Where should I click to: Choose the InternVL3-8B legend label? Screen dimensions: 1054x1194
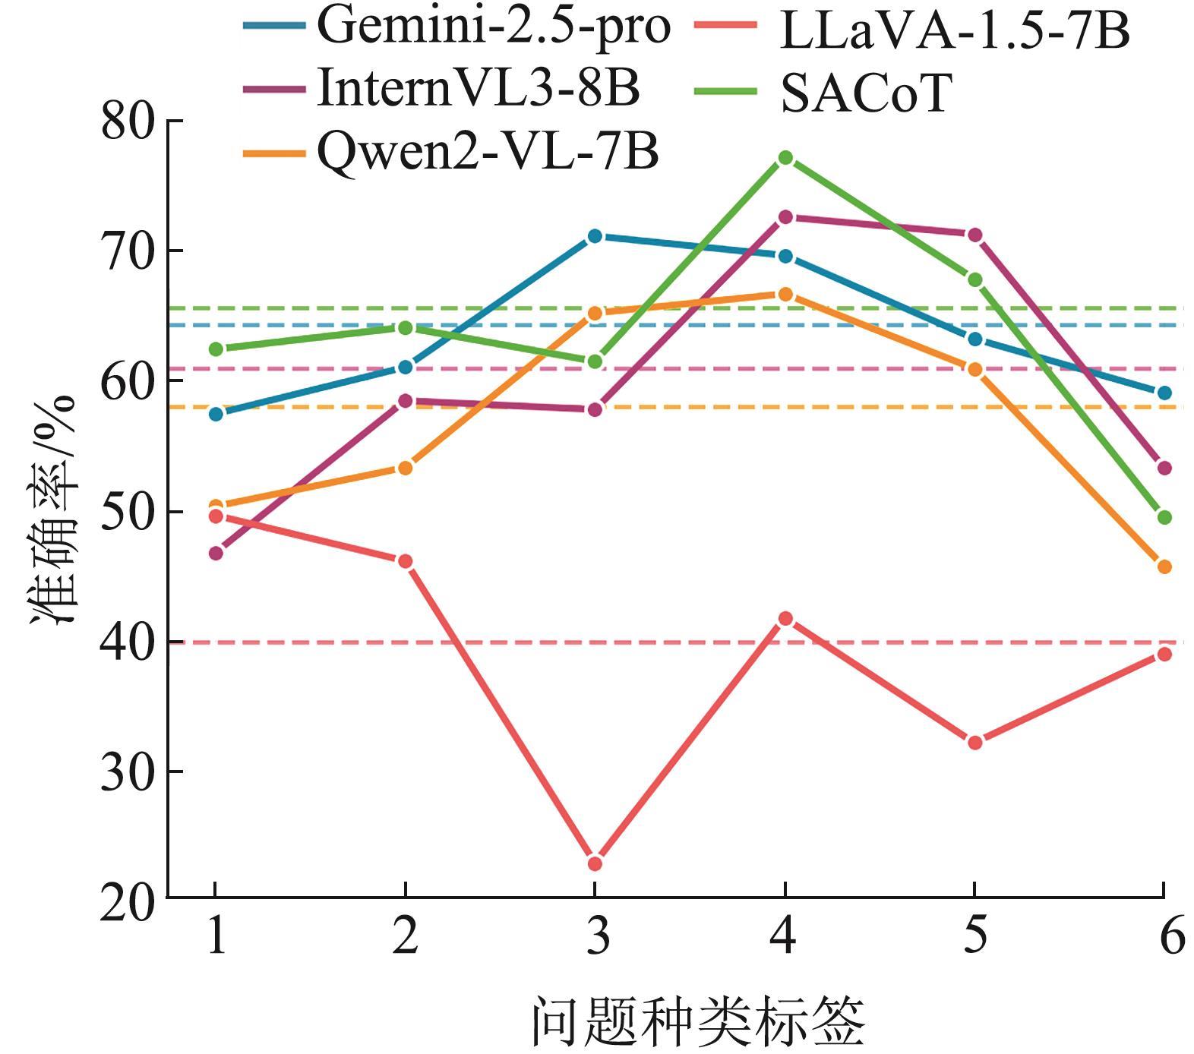(x=479, y=88)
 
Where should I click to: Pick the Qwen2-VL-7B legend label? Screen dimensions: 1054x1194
(x=487, y=153)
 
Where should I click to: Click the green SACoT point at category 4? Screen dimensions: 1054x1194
(x=785, y=158)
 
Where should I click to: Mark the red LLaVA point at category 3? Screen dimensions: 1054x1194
(x=595, y=863)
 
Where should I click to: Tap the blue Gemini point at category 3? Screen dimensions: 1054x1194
(x=595, y=236)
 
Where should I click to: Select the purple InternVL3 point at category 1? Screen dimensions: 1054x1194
(x=216, y=553)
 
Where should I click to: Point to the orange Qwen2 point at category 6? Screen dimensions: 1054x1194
(x=1164, y=566)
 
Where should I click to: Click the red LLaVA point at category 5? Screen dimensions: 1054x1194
(x=974, y=742)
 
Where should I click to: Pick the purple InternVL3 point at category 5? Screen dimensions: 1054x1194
(x=974, y=235)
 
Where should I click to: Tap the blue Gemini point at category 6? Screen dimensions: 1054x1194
(x=1164, y=393)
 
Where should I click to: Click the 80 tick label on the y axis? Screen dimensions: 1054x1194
(x=128, y=121)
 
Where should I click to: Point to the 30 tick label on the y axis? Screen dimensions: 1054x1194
(x=128, y=772)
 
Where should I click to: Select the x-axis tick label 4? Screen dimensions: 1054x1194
(x=785, y=936)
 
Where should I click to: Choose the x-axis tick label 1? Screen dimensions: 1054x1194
(x=216, y=936)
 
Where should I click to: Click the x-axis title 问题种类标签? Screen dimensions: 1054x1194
(x=697, y=1021)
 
